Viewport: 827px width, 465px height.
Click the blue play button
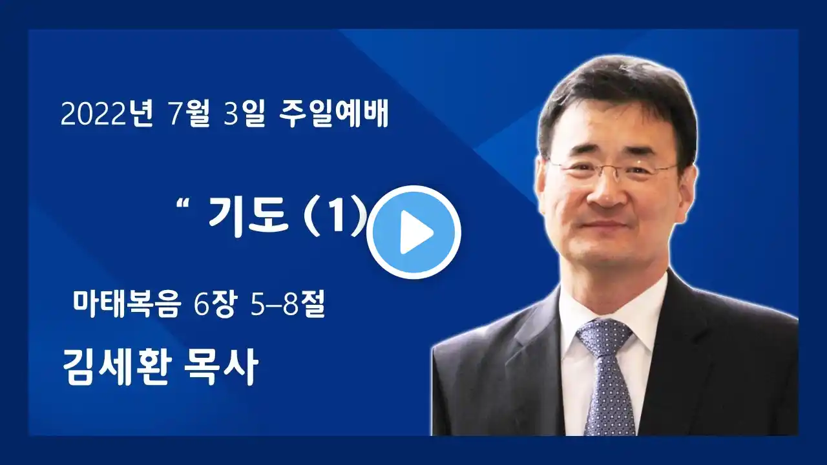413,232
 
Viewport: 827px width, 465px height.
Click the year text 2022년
107,114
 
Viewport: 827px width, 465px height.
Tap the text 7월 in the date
189,114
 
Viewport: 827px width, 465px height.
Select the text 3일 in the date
244,114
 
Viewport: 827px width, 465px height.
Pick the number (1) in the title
335,216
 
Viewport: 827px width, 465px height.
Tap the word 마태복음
127,304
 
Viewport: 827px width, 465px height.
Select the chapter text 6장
215,304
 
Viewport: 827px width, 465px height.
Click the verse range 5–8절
288,304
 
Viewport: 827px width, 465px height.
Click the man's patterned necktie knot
604,338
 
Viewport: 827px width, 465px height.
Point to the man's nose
605,192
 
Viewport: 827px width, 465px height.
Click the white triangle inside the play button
415,232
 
